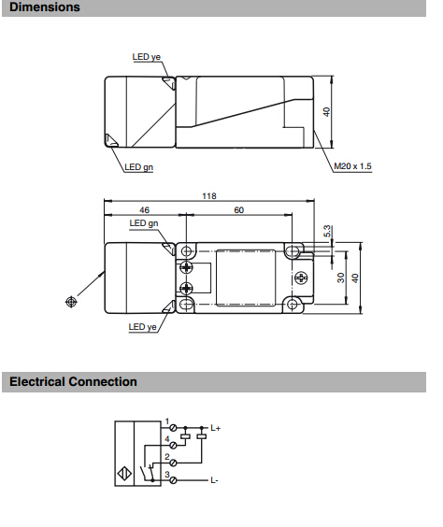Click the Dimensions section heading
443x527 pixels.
45,7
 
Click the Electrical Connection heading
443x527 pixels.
73,382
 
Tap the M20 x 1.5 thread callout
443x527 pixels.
352,166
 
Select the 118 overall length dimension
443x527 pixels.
209,196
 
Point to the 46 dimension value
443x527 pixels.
144,210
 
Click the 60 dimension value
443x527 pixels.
238,210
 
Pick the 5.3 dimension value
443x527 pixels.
328,231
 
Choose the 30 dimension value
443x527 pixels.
341,278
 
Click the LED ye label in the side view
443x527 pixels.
147,57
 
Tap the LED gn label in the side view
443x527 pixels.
139,167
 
